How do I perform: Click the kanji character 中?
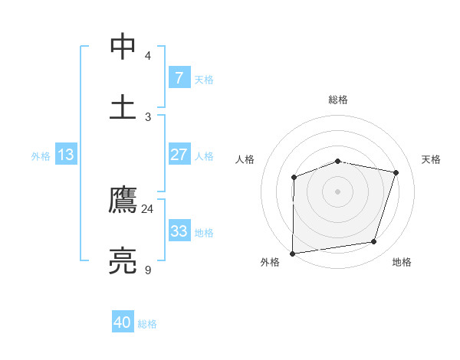pos(123,46)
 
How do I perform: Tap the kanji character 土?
pos(123,106)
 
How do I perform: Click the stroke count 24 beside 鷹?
pos(148,208)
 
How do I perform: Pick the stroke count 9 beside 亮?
pos(148,270)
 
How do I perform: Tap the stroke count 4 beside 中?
pos(148,56)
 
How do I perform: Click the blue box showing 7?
pos(179,77)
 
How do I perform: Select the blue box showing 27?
pos(179,155)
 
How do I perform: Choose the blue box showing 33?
pos(179,231)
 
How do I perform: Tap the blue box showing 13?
pos(66,155)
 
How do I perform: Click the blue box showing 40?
pos(123,322)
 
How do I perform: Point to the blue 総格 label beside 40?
pos(147,324)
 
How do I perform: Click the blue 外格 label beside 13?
pos(41,156)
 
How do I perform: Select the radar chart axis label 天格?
pos(432,159)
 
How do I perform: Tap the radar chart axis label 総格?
pos(338,100)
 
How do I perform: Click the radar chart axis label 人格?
pos(245,159)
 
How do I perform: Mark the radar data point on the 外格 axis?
pos(293,253)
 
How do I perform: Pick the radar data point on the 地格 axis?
pos(374,241)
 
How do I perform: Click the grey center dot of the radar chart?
pos(338,191)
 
